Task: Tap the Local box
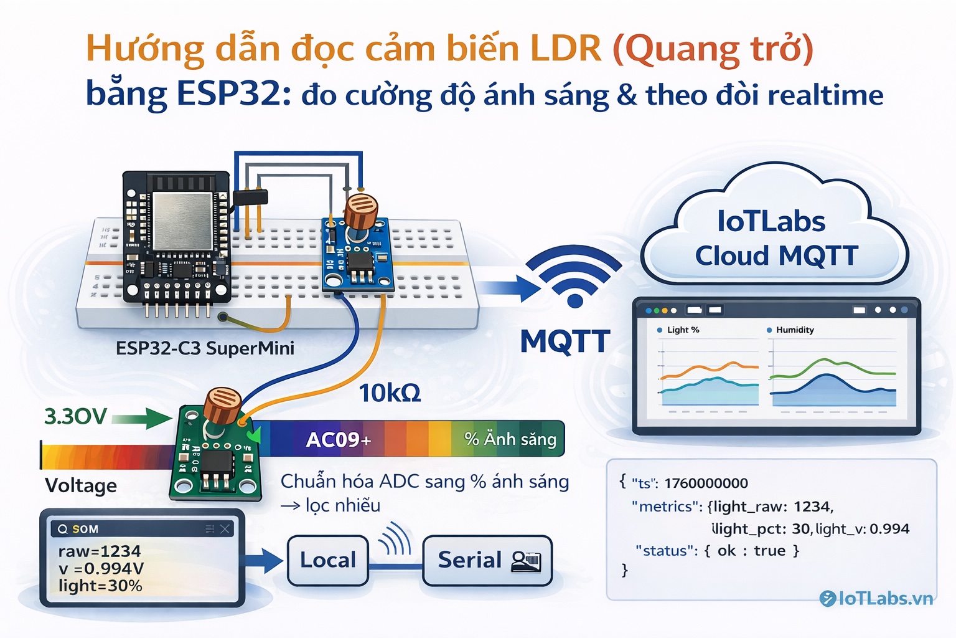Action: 328,560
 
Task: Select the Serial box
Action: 487,561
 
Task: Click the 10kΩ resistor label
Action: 390,393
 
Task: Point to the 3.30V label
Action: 75,416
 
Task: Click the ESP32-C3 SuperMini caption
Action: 205,348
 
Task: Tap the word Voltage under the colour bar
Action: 81,485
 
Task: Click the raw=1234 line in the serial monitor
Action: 100,551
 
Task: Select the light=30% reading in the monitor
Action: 100,586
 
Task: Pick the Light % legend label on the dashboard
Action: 683,330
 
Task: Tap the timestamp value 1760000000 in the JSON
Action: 706,483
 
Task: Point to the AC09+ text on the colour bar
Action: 338,440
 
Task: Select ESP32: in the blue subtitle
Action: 233,94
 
